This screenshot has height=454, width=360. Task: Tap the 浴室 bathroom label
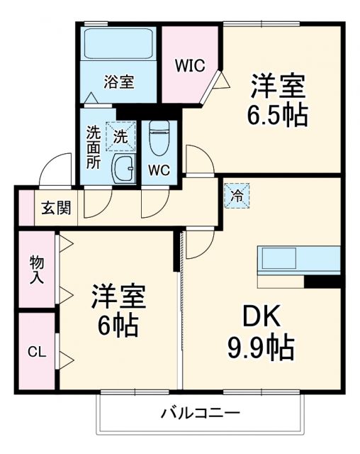pos(119,81)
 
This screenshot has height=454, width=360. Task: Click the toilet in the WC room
pos(159,138)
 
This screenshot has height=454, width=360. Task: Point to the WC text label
pos(159,170)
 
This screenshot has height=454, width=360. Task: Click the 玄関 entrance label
pos(55,208)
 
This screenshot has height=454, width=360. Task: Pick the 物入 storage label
pos(37,270)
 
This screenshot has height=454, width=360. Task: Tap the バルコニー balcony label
pos(200,413)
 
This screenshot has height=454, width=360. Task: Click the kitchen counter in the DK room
pos(298,260)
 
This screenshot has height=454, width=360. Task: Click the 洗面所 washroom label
pos(94,147)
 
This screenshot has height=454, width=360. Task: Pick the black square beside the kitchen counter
pos(322,281)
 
